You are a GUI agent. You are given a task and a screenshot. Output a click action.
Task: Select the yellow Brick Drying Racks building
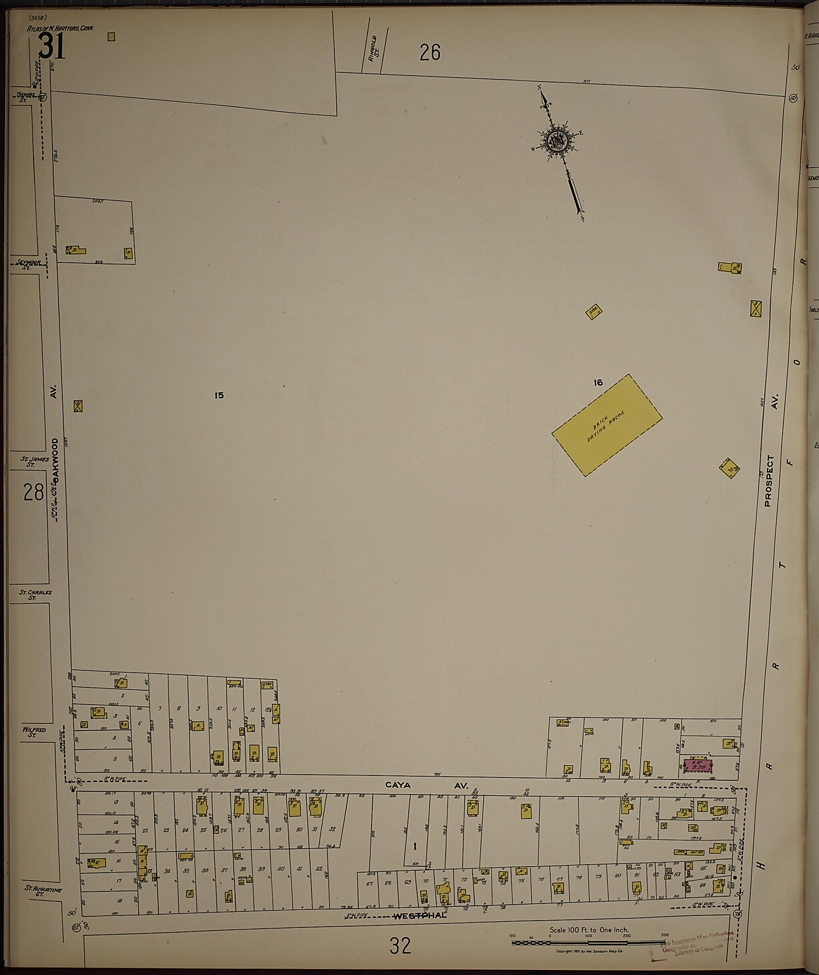[x=607, y=425]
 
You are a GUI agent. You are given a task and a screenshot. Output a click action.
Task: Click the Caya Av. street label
[x=427, y=785]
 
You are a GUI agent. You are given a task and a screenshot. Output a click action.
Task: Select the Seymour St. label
[x=29, y=263]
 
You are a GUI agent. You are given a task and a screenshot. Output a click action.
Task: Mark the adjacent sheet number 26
[x=429, y=52]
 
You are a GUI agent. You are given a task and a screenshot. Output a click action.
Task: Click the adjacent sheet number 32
[x=400, y=946]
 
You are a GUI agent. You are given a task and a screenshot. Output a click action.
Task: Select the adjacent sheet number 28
[x=34, y=492]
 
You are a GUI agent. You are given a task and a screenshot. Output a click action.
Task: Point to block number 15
[x=219, y=395]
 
